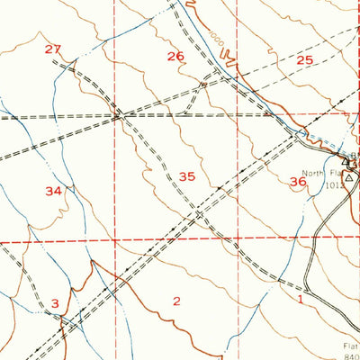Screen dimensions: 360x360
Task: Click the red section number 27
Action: [x=53, y=49]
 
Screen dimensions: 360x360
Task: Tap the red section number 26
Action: [x=175, y=57]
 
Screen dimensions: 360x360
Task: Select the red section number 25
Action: [x=305, y=60]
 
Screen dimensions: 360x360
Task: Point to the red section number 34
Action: [x=54, y=191]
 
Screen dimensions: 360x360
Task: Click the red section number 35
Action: [x=186, y=177]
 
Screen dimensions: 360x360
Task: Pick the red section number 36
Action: [x=298, y=182]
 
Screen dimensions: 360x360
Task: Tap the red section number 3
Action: [x=55, y=304]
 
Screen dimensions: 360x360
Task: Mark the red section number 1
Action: [x=299, y=300]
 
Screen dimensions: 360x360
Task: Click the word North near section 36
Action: [x=312, y=174]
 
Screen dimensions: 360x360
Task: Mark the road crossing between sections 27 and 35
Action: [x=118, y=114]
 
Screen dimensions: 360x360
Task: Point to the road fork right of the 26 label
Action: [x=204, y=84]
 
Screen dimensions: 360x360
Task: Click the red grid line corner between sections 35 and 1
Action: [x=238, y=240]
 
